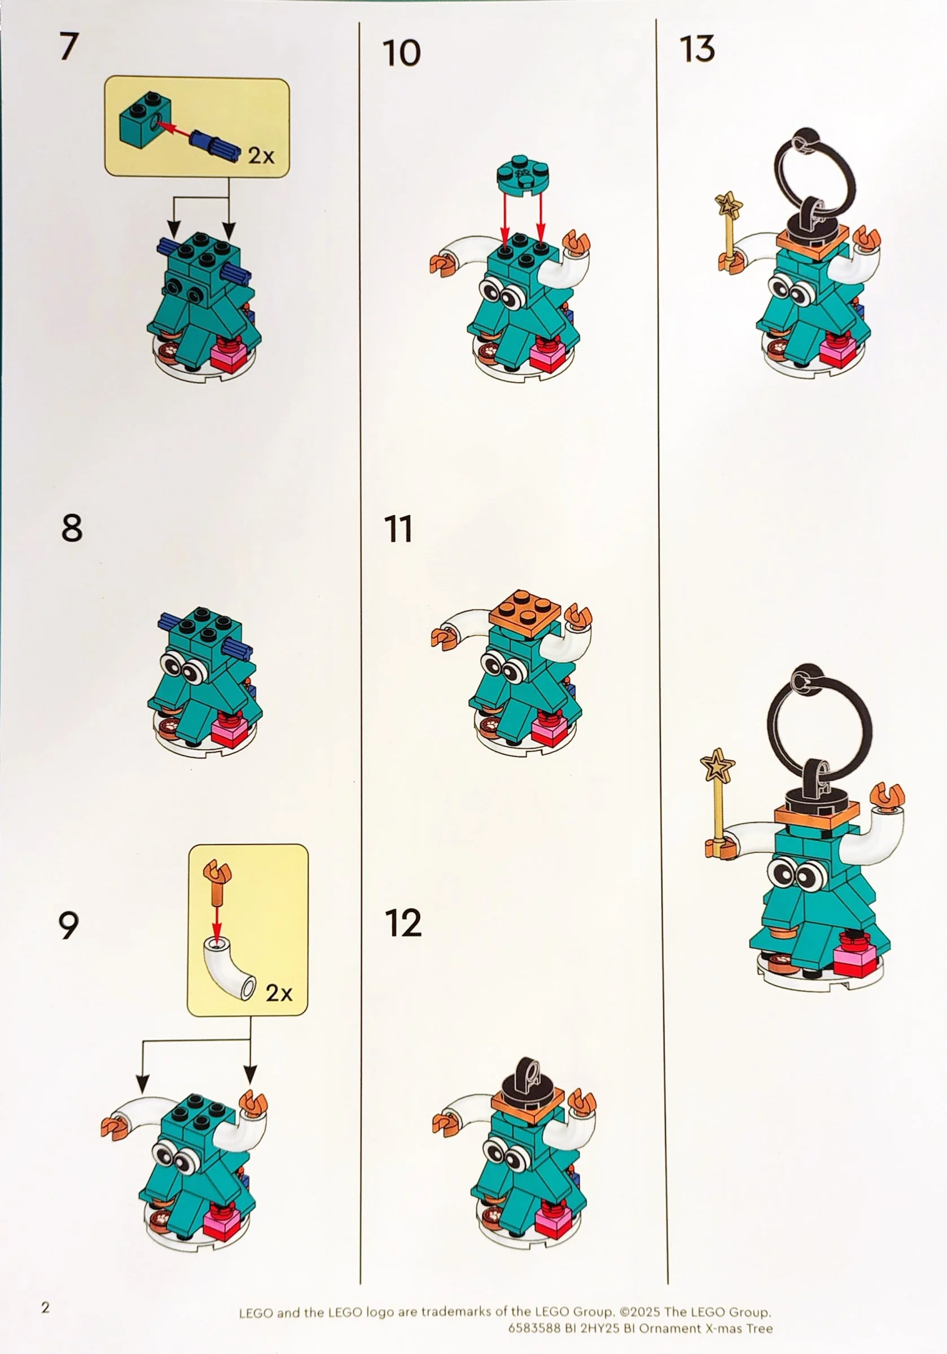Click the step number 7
pos(69,47)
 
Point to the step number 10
pos(401,53)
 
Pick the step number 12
pos(404,923)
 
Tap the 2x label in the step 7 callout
pos(261,156)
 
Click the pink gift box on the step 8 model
pos(230,731)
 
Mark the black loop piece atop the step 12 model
pos(529,1079)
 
